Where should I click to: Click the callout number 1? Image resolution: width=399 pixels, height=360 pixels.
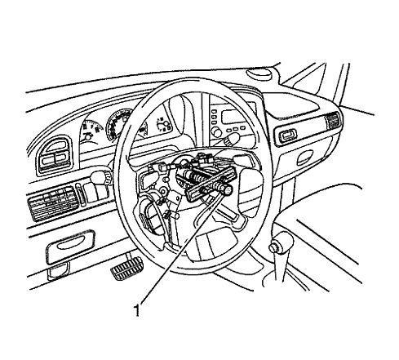coord(138,310)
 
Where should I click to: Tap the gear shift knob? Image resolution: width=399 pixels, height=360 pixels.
coord(281,244)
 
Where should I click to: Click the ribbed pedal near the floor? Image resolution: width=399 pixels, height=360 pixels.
coord(126,269)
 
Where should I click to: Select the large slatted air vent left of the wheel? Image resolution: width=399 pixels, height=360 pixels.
coord(53,202)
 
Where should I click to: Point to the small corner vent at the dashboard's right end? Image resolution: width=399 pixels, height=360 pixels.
coord(333,120)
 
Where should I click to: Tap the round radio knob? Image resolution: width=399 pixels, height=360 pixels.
coord(217,132)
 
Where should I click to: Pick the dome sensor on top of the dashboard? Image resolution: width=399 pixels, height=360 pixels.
coord(259,73)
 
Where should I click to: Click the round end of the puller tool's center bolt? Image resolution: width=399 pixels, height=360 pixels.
coord(227,190)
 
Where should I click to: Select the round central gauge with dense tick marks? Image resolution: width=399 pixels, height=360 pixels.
coord(119,124)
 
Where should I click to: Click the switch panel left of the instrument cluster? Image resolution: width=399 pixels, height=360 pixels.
coord(55,156)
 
